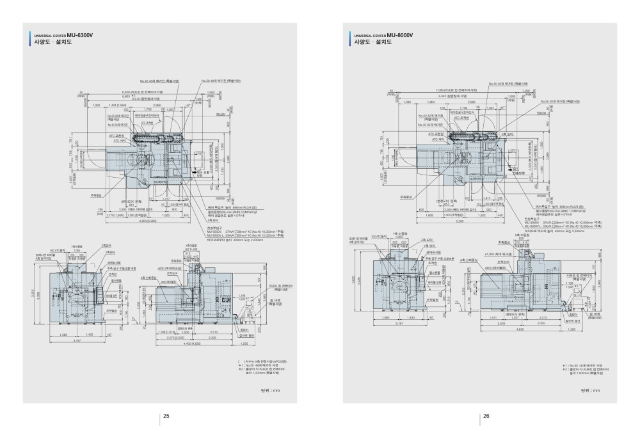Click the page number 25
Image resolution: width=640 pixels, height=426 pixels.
click(166, 416)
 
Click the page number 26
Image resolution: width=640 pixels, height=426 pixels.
click(486, 416)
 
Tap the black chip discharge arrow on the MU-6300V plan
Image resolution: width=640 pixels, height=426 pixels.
click(193, 172)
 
